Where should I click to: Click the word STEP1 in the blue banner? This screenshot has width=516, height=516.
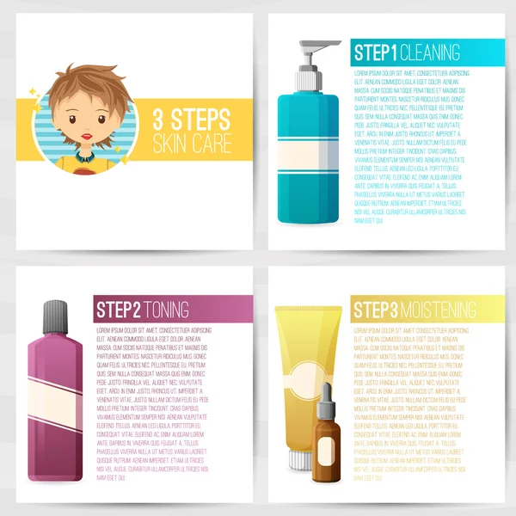coord(377,52)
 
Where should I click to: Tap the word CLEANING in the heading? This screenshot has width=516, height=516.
coord(431,52)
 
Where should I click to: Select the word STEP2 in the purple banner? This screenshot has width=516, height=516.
coord(118,309)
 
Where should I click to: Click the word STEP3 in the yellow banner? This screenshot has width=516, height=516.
coord(375,310)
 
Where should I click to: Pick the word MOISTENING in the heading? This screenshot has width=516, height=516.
coord(438,310)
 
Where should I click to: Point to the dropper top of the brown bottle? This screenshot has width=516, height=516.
coord(324,397)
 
